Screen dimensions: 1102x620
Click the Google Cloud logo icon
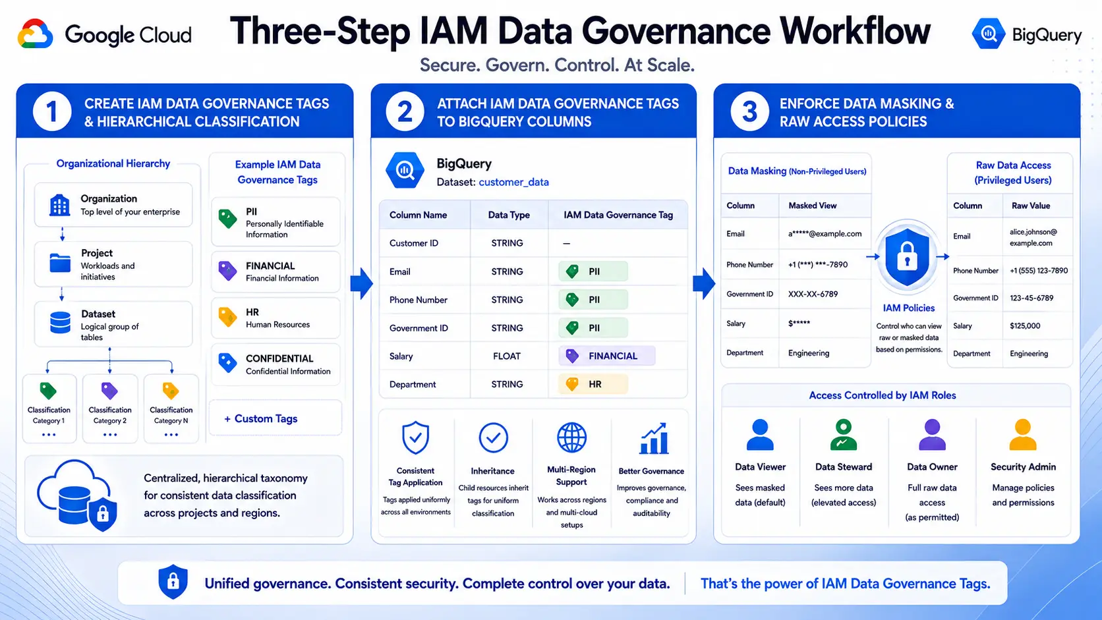coord(35,34)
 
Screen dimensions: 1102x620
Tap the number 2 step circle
coord(405,112)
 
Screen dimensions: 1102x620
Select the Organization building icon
coord(59,205)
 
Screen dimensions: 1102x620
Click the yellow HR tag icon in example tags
coord(228,318)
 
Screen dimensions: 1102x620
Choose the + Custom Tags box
coord(275,418)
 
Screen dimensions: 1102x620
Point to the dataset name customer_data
coord(513,182)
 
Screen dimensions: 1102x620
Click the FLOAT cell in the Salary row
coord(507,356)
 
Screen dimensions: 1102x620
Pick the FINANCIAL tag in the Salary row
coord(606,356)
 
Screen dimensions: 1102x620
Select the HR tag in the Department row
coord(593,384)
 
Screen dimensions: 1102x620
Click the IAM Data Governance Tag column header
coord(618,215)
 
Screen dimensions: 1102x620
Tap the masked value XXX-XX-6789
coord(813,294)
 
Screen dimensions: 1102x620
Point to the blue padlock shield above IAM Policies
coord(907,257)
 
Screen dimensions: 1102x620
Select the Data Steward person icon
coord(843,435)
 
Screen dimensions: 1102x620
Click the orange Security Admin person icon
coord(1023,435)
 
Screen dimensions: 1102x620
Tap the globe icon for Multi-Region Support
coord(571,437)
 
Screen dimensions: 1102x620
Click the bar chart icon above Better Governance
coord(653,438)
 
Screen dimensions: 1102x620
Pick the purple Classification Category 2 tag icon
coord(109,391)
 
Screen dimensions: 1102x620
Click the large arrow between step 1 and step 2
coord(362,284)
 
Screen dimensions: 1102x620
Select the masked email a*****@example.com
coord(825,234)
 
